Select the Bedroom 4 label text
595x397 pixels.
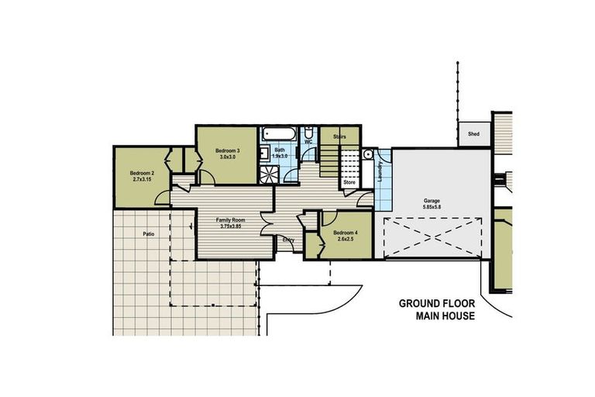(345, 233)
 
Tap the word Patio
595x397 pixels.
(150, 233)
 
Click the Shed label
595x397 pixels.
(473, 134)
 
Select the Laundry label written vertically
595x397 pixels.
(380, 171)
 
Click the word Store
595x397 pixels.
(349, 182)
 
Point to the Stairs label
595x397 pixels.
(339, 136)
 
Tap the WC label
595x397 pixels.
(308, 143)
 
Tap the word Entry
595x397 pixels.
(287, 240)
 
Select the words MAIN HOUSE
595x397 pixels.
(445, 316)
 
